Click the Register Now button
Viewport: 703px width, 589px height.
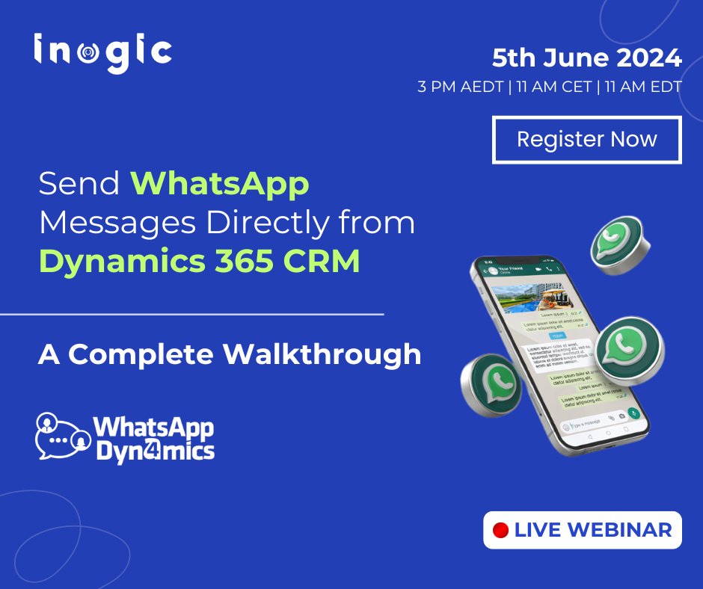pos(586,140)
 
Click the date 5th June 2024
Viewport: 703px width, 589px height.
pos(586,57)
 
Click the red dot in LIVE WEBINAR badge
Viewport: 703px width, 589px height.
pos(501,531)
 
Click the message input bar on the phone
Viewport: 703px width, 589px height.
pos(591,423)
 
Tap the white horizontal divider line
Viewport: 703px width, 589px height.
pos(191,315)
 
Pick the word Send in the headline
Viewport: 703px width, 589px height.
pos(79,184)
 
